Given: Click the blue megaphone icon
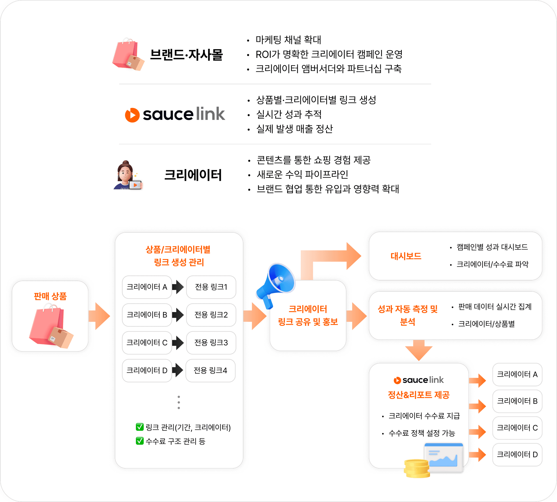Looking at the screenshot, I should tap(276, 284).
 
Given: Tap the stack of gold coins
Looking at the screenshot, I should tap(416, 468).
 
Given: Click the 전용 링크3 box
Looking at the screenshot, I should tap(211, 342).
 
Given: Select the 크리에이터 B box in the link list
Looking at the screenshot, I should tap(147, 315).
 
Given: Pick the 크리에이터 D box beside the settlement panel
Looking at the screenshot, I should tap(517, 454).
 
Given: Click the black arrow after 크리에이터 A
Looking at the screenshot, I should tap(178, 287).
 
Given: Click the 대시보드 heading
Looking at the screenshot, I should tap(406, 256).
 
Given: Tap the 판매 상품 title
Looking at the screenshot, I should tap(50, 296).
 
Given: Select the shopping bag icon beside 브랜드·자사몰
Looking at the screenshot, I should tap(128, 55).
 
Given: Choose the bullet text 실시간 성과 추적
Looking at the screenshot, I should tap(289, 114).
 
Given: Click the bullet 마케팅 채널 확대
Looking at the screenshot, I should tap(288, 40).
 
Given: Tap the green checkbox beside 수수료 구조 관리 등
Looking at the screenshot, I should tap(140, 441).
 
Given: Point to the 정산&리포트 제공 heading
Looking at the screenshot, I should tap(419, 395).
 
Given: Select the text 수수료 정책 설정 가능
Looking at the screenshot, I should tap(422, 433).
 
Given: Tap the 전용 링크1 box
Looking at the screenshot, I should tap(211, 287).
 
